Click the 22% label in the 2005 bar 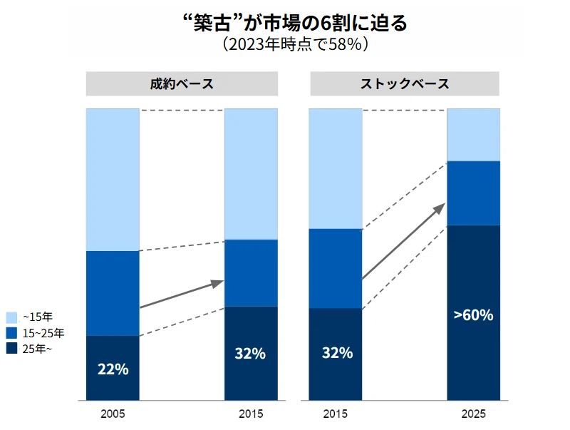tap(113, 369)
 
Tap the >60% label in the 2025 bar tap(473, 314)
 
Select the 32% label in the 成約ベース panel tap(250, 353)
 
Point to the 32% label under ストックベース tap(337, 353)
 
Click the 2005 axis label tap(113, 414)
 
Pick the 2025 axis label tap(473, 414)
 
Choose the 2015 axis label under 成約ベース tap(251, 414)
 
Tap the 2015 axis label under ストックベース tap(335, 414)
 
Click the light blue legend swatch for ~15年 tap(11, 317)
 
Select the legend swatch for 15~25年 tap(11, 333)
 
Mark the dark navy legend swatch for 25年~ tap(11, 349)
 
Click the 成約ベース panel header tap(182, 83)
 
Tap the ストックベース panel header tap(405, 83)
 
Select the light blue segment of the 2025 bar tap(473, 135)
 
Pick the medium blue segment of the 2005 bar tap(113, 293)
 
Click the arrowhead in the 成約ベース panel tap(218, 283)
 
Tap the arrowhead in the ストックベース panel tap(440, 208)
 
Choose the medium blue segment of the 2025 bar tap(473, 193)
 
